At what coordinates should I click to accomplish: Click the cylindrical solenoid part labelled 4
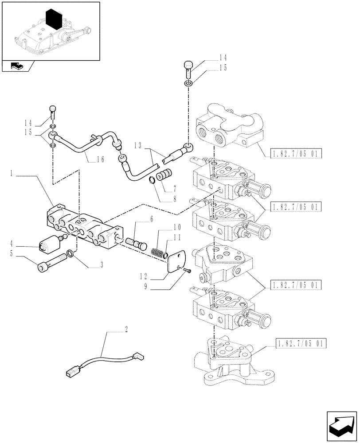point(50,244)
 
